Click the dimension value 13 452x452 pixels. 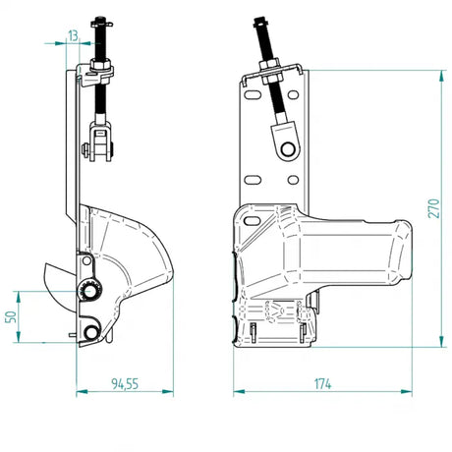(73, 35)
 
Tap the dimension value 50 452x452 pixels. (11, 316)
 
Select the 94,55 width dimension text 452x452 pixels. (125, 384)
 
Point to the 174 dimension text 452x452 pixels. (322, 384)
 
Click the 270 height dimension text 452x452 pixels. (433, 208)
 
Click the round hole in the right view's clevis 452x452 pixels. (288, 148)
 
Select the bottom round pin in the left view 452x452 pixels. (90, 333)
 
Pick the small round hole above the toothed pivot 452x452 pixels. (86, 260)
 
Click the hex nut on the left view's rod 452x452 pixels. (100, 65)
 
